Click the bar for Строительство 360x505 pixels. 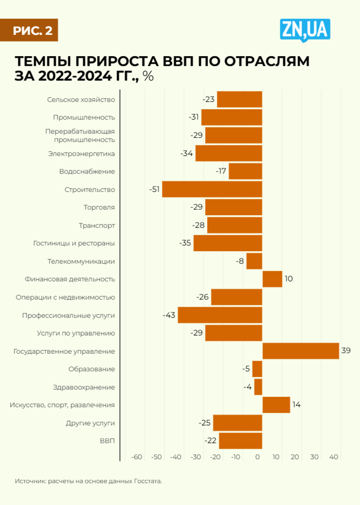(212, 189)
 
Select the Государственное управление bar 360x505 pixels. (300, 351)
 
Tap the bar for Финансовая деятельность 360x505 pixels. (272, 279)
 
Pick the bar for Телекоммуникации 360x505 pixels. (254, 261)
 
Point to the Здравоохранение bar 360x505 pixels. (258, 387)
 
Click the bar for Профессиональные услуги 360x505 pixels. (220, 315)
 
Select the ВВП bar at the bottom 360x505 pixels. (240, 441)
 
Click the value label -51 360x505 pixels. (154, 189)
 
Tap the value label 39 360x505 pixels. (346, 351)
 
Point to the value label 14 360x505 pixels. (296, 405)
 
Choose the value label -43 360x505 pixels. (169, 315)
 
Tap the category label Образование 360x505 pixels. (92, 369)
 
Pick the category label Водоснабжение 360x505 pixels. (87, 171)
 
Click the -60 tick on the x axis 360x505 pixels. (136, 457)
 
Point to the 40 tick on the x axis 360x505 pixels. (333, 457)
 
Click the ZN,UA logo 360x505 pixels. (304, 30)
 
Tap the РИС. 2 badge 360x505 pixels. (33, 30)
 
